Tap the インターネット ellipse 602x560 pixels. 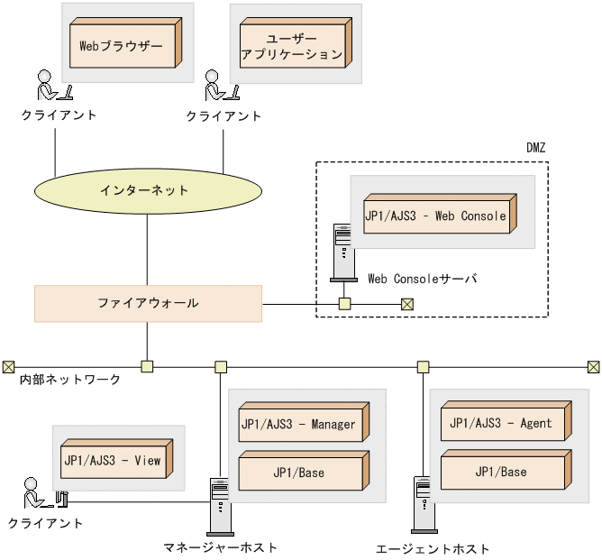pyautogui.click(x=146, y=190)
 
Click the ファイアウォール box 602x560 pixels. pyautogui.click(x=148, y=303)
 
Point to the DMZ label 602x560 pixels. pyautogui.click(x=535, y=147)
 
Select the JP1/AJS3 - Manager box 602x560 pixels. pyautogui.click(x=298, y=425)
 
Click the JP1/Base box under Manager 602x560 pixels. pyautogui.click(x=298, y=473)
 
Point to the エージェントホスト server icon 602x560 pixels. pyautogui.click(x=422, y=506)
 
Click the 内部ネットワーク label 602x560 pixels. pyautogui.click(x=70, y=381)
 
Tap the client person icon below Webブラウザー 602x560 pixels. pyautogui.click(x=50, y=86)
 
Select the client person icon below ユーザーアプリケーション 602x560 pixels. pyautogui.click(x=219, y=86)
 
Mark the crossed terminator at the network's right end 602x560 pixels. pyautogui.click(x=593, y=366)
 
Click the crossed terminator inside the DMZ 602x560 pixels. pyautogui.click(x=406, y=304)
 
